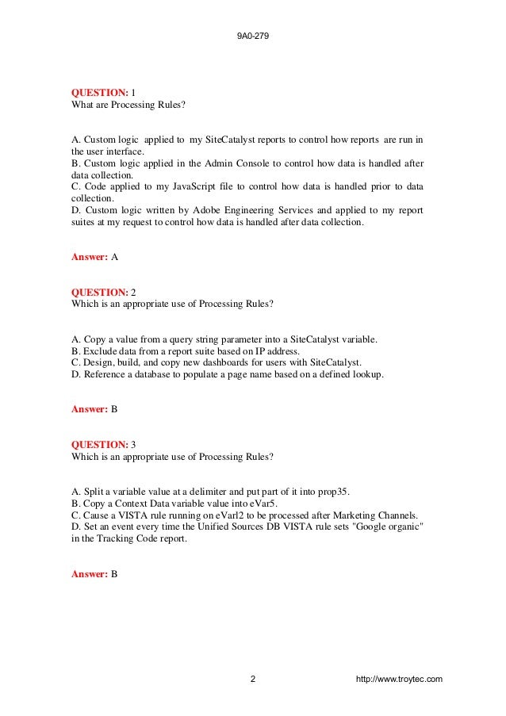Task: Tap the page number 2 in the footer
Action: click(252, 680)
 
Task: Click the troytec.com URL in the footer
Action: click(400, 680)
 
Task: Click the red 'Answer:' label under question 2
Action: click(90, 410)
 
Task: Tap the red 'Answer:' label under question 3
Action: click(90, 573)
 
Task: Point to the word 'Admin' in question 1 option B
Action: click(221, 163)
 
